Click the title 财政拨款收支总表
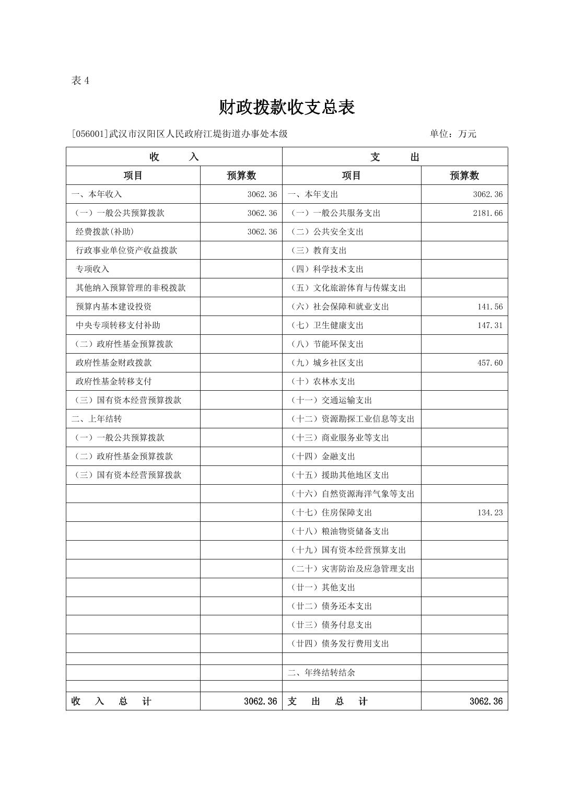[287, 107]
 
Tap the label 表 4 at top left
[80, 80]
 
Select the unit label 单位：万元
[453, 134]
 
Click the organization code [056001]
[90, 134]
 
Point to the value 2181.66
[487, 213]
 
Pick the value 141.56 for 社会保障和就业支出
[489, 307]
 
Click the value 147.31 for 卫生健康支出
[489, 325]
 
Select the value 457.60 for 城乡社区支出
[489, 363]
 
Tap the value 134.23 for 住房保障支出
[489, 512]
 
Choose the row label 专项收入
[92, 269]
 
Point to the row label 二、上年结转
[97, 419]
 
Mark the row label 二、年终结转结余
[321, 673]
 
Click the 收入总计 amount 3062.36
[260, 702]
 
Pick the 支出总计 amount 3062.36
[486, 702]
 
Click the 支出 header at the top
[394, 157]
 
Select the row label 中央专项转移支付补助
[118, 325]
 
